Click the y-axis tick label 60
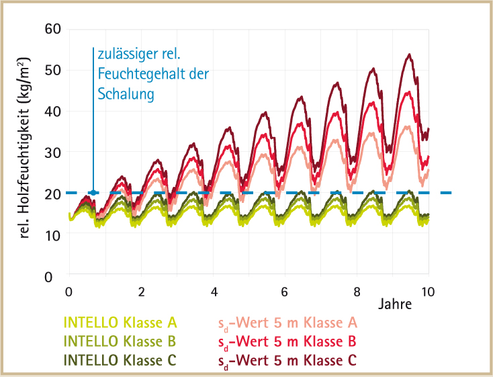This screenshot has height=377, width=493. click(x=52, y=29)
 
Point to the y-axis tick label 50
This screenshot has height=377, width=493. click(x=52, y=70)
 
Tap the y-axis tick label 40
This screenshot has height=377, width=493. click(x=52, y=112)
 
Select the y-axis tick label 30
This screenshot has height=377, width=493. click(x=52, y=153)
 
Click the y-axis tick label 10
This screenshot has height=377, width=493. click(x=52, y=235)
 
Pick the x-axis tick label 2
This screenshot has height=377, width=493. click(x=141, y=292)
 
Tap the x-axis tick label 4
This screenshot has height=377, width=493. click(x=214, y=292)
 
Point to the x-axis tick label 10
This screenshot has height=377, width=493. click(x=428, y=292)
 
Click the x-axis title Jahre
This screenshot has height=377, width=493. click(x=395, y=304)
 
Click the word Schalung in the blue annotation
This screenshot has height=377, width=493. click(x=126, y=93)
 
